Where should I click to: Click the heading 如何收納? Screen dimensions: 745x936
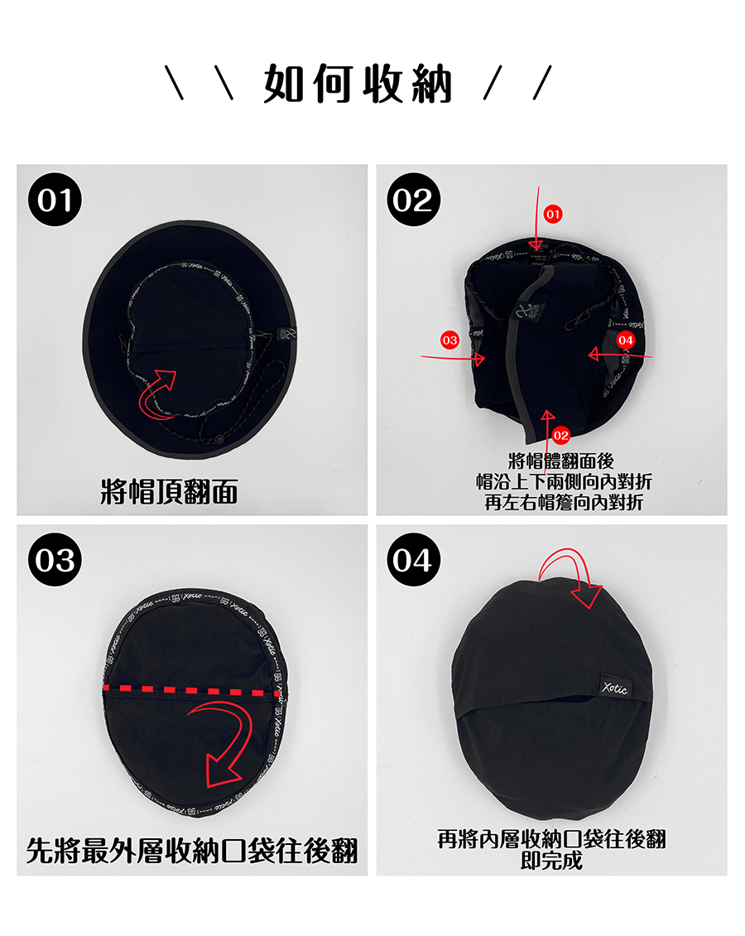tap(358, 84)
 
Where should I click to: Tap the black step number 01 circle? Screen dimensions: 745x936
tap(55, 200)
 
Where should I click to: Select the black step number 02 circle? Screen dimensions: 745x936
tap(413, 200)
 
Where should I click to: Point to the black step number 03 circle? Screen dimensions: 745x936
tap(55, 559)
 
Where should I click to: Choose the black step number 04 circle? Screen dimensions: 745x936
tap(413, 559)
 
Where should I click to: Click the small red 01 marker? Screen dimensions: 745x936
tap(553, 215)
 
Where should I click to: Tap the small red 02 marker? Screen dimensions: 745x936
tap(560, 435)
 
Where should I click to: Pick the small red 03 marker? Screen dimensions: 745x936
tap(449, 340)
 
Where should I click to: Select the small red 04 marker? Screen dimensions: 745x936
tap(625, 340)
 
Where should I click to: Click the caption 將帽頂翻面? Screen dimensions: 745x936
tap(170, 492)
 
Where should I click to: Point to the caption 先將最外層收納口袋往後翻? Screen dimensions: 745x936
tap(191, 851)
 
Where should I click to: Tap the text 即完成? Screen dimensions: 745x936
tap(551, 860)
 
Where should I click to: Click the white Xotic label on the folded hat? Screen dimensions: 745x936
tap(614, 688)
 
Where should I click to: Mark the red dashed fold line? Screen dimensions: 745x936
tap(191, 692)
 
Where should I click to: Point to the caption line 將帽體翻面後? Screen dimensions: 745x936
tap(560, 461)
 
